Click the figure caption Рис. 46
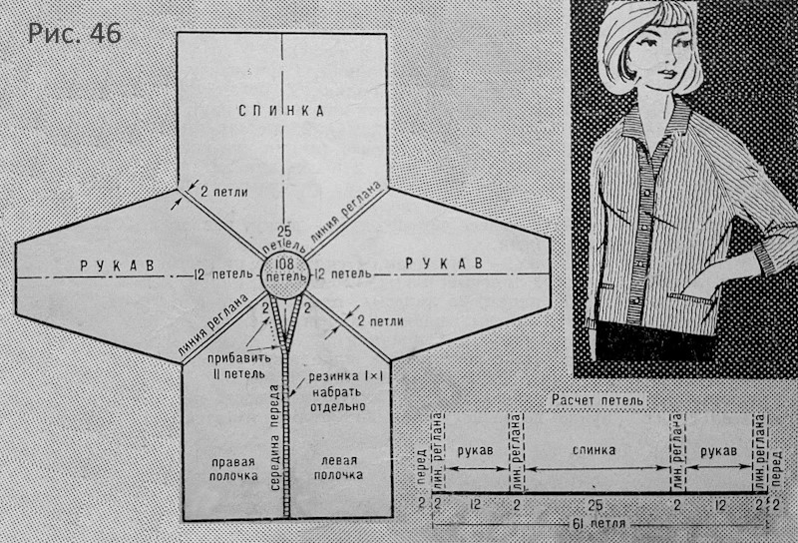[74, 34]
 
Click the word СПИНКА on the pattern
[281, 111]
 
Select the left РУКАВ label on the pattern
[118, 266]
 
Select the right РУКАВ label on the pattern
[444, 264]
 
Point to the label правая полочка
[233, 469]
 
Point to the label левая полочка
[338, 467]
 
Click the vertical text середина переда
[275, 437]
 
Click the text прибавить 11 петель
[235, 365]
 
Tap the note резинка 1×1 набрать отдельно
[338, 391]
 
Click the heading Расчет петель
[598, 400]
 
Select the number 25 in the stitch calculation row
[595, 506]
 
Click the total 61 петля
[596, 524]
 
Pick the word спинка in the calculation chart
[594, 450]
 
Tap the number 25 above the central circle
[285, 232]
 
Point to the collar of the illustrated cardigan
[656, 122]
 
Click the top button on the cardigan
[648, 193]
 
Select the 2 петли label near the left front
[380, 321]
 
